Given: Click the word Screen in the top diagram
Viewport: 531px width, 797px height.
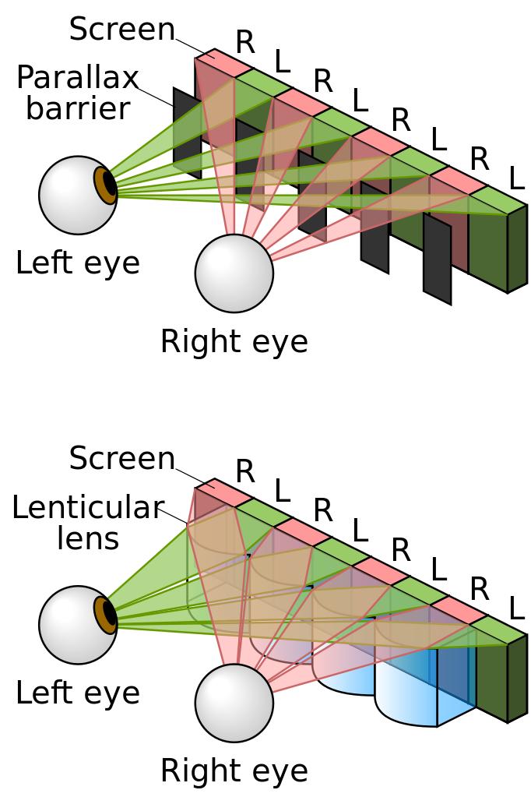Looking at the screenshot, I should click(x=121, y=30).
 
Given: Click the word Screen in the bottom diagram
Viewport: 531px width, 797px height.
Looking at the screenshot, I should click(x=121, y=458).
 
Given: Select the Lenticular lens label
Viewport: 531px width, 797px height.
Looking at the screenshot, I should click(x=87, y=523).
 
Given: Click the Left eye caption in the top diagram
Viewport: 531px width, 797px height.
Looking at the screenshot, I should click(x=77, y=263).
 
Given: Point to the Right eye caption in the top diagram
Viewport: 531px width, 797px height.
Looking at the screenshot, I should click(x=234, y=341).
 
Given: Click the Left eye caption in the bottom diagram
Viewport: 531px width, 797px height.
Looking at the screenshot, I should click(x=77, y=693).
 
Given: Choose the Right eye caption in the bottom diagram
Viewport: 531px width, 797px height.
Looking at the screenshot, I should click(x=234, y=771).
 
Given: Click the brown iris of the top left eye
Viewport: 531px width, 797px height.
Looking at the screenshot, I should click(x=104, y=185).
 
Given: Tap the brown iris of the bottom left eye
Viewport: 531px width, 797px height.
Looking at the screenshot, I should click(x=104, y=615).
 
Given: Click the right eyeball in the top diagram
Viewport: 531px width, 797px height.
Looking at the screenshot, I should click(x=234, y=273).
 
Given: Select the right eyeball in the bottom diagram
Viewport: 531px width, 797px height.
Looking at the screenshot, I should click(x=234, y=703).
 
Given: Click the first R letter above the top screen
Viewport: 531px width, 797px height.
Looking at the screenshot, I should click(x=244, y=42).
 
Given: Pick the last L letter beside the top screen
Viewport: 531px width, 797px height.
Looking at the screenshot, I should click(x=515, y=179).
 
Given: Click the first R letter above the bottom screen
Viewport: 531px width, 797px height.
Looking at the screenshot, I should click(x=244, y=471).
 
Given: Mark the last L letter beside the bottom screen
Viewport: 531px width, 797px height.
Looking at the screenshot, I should click(x=515, y=608).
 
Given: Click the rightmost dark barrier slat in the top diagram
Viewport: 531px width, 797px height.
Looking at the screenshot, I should click(x=437, y=259).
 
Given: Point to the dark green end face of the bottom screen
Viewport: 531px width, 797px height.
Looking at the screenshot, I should click(x=517, y=678).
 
